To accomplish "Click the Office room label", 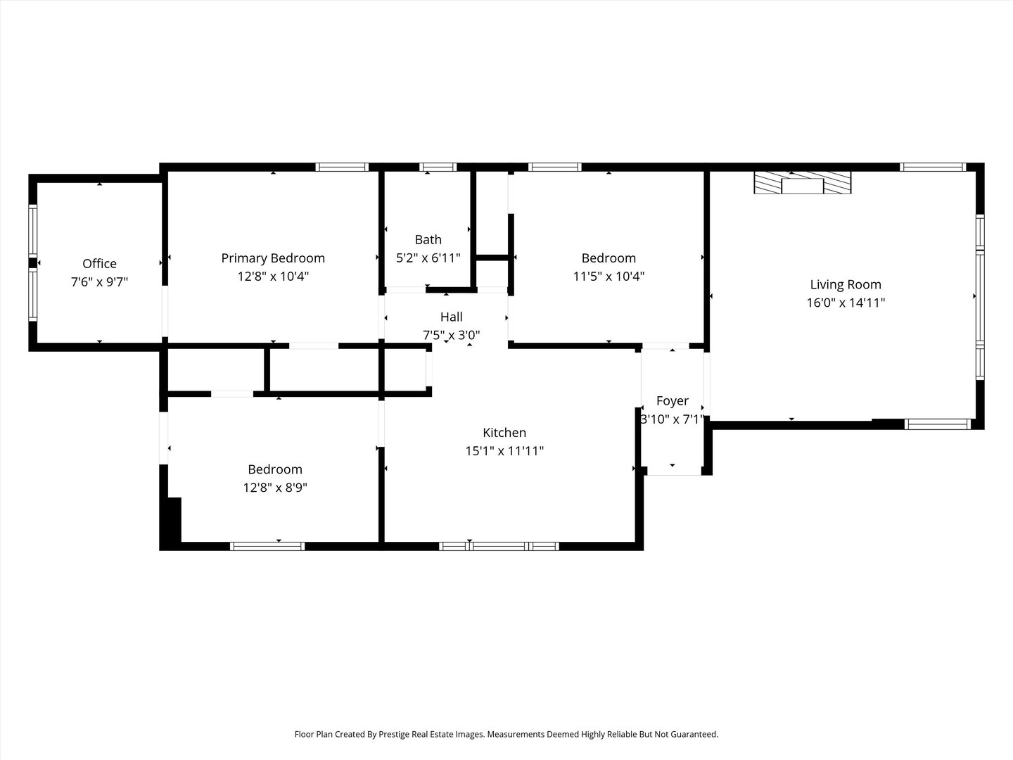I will (99, 263).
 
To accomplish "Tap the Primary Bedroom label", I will (273, 258).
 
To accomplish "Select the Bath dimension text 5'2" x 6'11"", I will (428, 258).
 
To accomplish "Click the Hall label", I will (451, 317).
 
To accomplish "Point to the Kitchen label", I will (504, 433).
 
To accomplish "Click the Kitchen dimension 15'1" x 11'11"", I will (504, 451).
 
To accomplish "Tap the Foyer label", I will (672, 400).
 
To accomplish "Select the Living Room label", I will (845, 284).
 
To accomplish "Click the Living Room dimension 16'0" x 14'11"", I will (845, 303).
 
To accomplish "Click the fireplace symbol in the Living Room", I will (802, 183).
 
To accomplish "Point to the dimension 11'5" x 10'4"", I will (609, 277).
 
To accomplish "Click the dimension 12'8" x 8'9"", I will (275, 488).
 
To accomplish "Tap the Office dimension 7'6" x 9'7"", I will (99, 281).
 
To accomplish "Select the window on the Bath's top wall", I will (438, 167).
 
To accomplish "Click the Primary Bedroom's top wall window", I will (342, 167).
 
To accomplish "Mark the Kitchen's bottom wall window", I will (499, 546).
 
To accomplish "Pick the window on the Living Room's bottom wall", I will (937, 424).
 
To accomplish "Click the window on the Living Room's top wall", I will (933, 167).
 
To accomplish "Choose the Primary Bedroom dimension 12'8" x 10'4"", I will (273, 277).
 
